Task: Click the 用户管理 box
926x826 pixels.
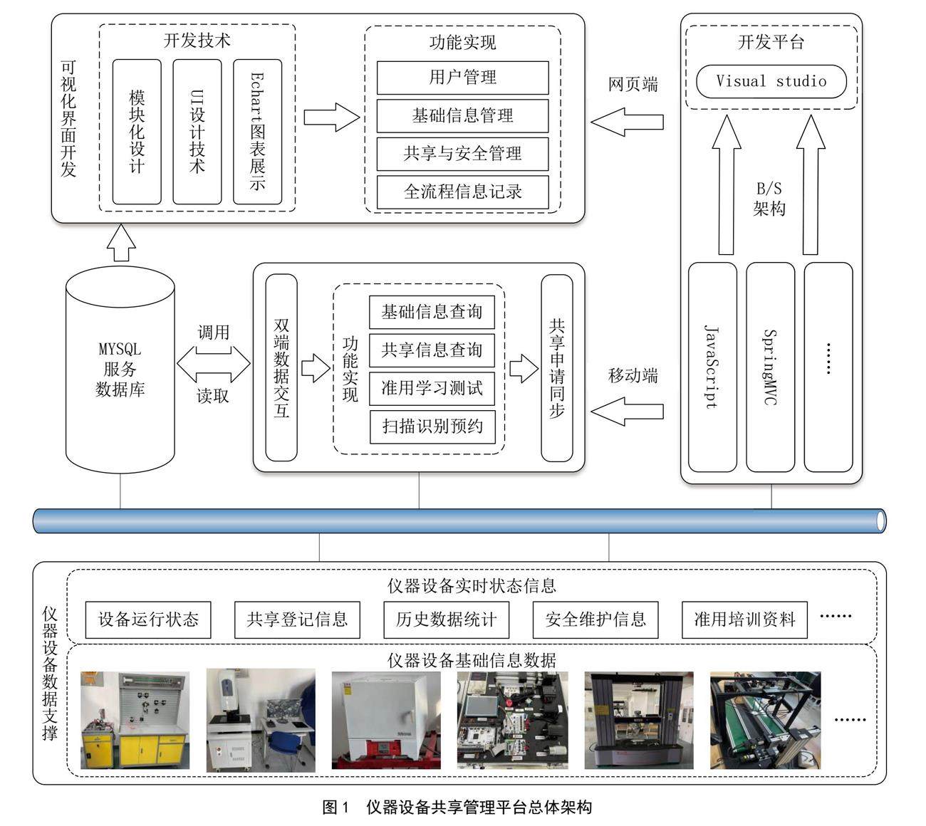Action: click(462, 78)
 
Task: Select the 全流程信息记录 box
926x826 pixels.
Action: click(462, 192)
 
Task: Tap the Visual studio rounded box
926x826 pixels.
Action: click(771, 81)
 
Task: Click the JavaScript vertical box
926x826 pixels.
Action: click(712, 367)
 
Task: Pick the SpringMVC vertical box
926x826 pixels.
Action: click(770, 367)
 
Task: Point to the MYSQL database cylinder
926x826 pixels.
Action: click(120, 370)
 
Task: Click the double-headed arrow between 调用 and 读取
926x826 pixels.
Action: click(214, 364)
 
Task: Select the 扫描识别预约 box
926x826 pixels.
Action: click(432, 427)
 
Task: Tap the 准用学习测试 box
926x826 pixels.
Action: click(432, 388)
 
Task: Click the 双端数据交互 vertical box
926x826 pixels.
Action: click(281, 367)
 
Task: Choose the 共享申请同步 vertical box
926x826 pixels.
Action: click(557, 367)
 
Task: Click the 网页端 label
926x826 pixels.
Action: click(633, 85)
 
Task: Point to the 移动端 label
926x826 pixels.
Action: click(633, 375)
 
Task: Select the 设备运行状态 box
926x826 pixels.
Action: click(148, 619)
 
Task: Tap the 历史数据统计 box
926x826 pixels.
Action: click(446, 619)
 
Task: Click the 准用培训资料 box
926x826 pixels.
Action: click(744, 619)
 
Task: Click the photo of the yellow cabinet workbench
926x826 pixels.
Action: click(135, 720)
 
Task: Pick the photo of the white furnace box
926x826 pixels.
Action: click(386, 720)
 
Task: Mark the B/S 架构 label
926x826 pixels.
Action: click(769, 199)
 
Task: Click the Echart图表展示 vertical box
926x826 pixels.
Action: click(257, 132)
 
